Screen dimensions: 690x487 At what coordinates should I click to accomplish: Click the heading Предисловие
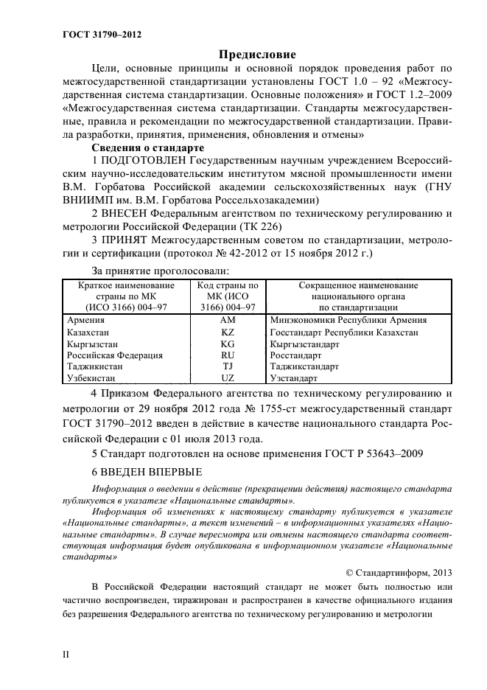[257, 55]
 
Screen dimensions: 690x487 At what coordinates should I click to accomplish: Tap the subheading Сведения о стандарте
[144, 147]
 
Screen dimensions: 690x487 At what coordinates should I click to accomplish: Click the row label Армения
[87, 320]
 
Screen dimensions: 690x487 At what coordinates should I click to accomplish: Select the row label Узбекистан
[92, 378]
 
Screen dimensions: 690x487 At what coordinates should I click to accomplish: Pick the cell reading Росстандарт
[297, 355]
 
